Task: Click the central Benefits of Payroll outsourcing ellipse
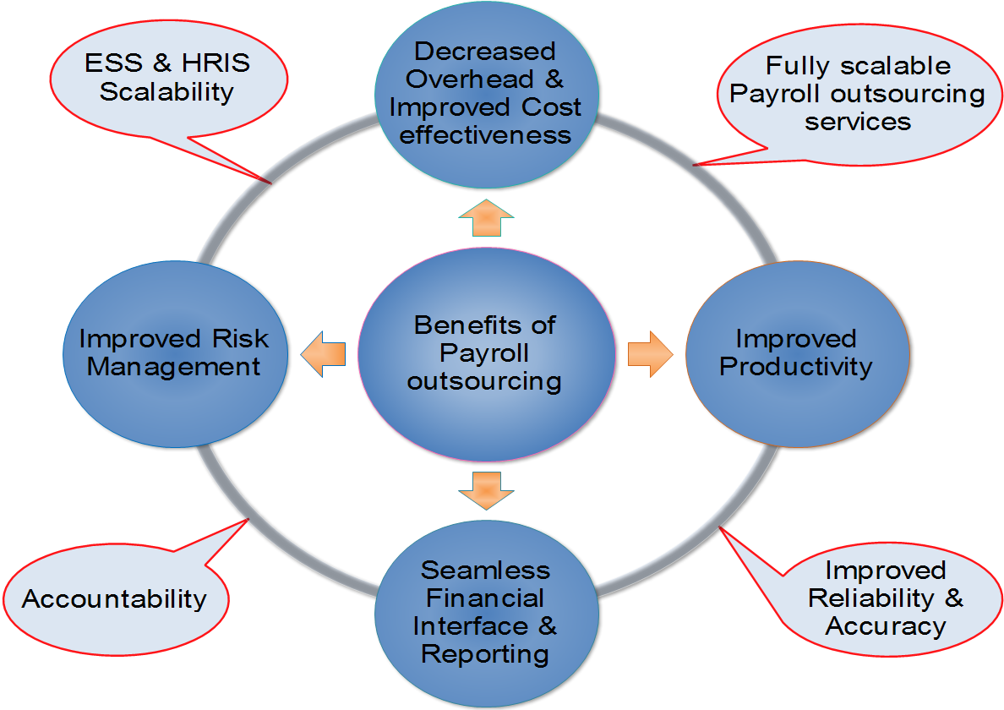click(485, 353)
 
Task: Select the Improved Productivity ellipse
click(797, 353)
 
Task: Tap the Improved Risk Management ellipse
click(174, 353)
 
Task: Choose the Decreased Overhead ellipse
click(486, 93)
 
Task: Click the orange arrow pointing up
click(486, 219)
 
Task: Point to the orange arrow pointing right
click(649, 353)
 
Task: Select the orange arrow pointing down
click(486, 489)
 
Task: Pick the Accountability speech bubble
click(115, 598)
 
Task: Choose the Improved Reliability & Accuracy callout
click(885, 598)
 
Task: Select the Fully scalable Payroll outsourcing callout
click(858, 93)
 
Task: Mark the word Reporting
click(485, 653)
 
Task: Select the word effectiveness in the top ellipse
click(485, 135)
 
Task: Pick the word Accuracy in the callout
click(885, 626)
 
